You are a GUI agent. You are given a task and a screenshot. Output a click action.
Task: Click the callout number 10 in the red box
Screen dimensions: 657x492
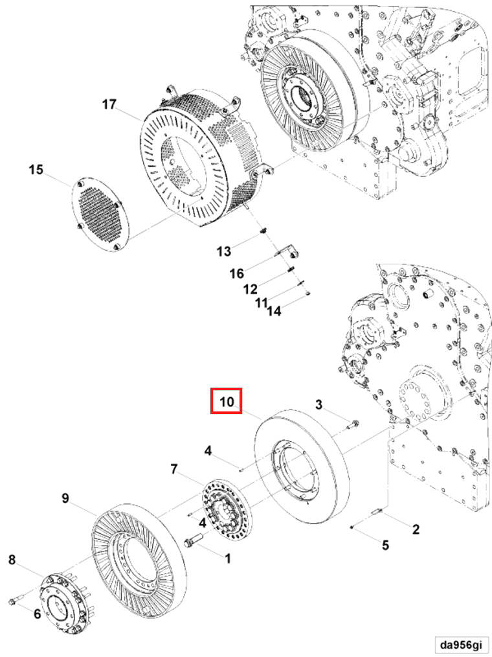[226, 402]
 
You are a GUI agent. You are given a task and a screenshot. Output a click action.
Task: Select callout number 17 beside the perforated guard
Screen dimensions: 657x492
[108, 104]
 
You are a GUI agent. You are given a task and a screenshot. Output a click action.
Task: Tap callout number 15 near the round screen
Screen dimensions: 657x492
[36, 170]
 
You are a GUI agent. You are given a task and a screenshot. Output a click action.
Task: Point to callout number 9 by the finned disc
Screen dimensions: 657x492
[65, 498]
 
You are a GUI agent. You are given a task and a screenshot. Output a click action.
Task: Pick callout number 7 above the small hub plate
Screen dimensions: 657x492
[173, 468]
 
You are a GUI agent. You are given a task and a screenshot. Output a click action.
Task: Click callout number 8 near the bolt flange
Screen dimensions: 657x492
[12, 560]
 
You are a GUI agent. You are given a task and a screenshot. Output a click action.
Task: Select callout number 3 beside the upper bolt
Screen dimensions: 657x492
[319, 405]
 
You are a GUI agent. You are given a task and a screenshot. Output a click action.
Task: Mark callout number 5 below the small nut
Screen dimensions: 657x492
[385, 545]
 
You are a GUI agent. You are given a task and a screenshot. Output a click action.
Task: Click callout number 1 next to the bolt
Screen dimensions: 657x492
[227, 557]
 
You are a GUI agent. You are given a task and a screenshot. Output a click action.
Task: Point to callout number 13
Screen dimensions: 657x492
[223, 251]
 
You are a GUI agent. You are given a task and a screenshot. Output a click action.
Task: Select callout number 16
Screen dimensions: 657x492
[236, 273]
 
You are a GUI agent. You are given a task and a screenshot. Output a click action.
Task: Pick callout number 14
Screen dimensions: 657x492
[274, 311]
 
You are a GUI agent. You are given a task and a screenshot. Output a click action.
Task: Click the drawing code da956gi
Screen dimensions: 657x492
[461, 645]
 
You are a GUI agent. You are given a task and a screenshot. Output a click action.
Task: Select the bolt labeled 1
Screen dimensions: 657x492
[194, 542]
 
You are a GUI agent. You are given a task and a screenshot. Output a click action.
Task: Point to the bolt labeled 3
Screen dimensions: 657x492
[353, 425]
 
